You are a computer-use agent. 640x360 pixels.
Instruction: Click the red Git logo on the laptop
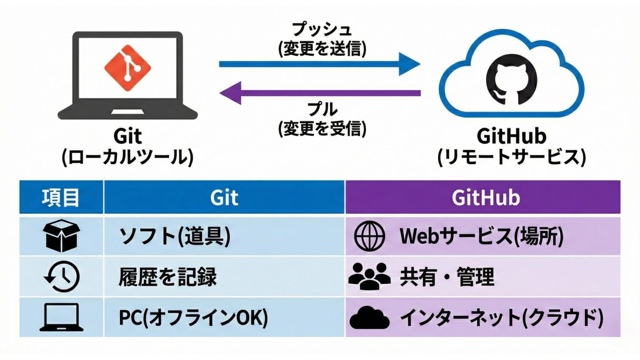(x=127, y=68)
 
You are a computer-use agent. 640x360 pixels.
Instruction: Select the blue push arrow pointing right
(x=319, y=64)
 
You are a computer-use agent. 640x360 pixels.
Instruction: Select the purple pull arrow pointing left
(x=319, y=93)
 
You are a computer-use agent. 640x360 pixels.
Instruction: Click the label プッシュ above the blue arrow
(x=322, y=30)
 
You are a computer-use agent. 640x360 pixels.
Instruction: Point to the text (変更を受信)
(x=322, y=128)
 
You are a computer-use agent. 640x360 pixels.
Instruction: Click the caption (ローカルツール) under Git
(x=127, y=157)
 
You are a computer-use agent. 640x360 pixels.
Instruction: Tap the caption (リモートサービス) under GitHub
(x=511, y=157)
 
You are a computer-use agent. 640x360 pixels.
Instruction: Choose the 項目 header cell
(x=61, y=197)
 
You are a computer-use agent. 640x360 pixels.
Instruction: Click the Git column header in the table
(x=224, y=197)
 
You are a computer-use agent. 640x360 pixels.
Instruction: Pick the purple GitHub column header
(x=483, y=197)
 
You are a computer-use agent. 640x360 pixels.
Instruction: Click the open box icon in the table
(x=61, y=236)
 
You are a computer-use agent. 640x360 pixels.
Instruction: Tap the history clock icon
(x=62, y=277)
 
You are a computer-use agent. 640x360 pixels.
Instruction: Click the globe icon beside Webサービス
(x=369, y=236)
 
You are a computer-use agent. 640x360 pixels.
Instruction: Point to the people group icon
(x=369, y=276)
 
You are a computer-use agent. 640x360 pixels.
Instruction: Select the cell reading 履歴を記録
(x=167, y=277)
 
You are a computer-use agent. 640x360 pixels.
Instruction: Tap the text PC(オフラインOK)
(x=193, y=317)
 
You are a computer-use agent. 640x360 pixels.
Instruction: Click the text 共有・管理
(x=447, y=277)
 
